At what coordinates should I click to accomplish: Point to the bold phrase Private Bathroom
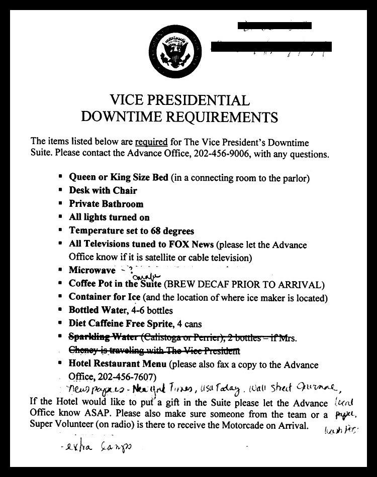[106, 204]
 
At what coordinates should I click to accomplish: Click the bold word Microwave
[90, 270]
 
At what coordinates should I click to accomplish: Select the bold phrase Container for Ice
[105, 297]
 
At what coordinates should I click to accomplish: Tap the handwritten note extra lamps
[88, 446]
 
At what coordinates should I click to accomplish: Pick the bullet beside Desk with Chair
[60, 190]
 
